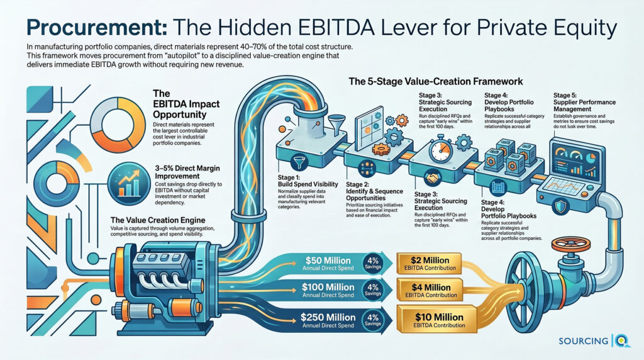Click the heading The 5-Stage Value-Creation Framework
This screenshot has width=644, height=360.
tap(436, 82)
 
